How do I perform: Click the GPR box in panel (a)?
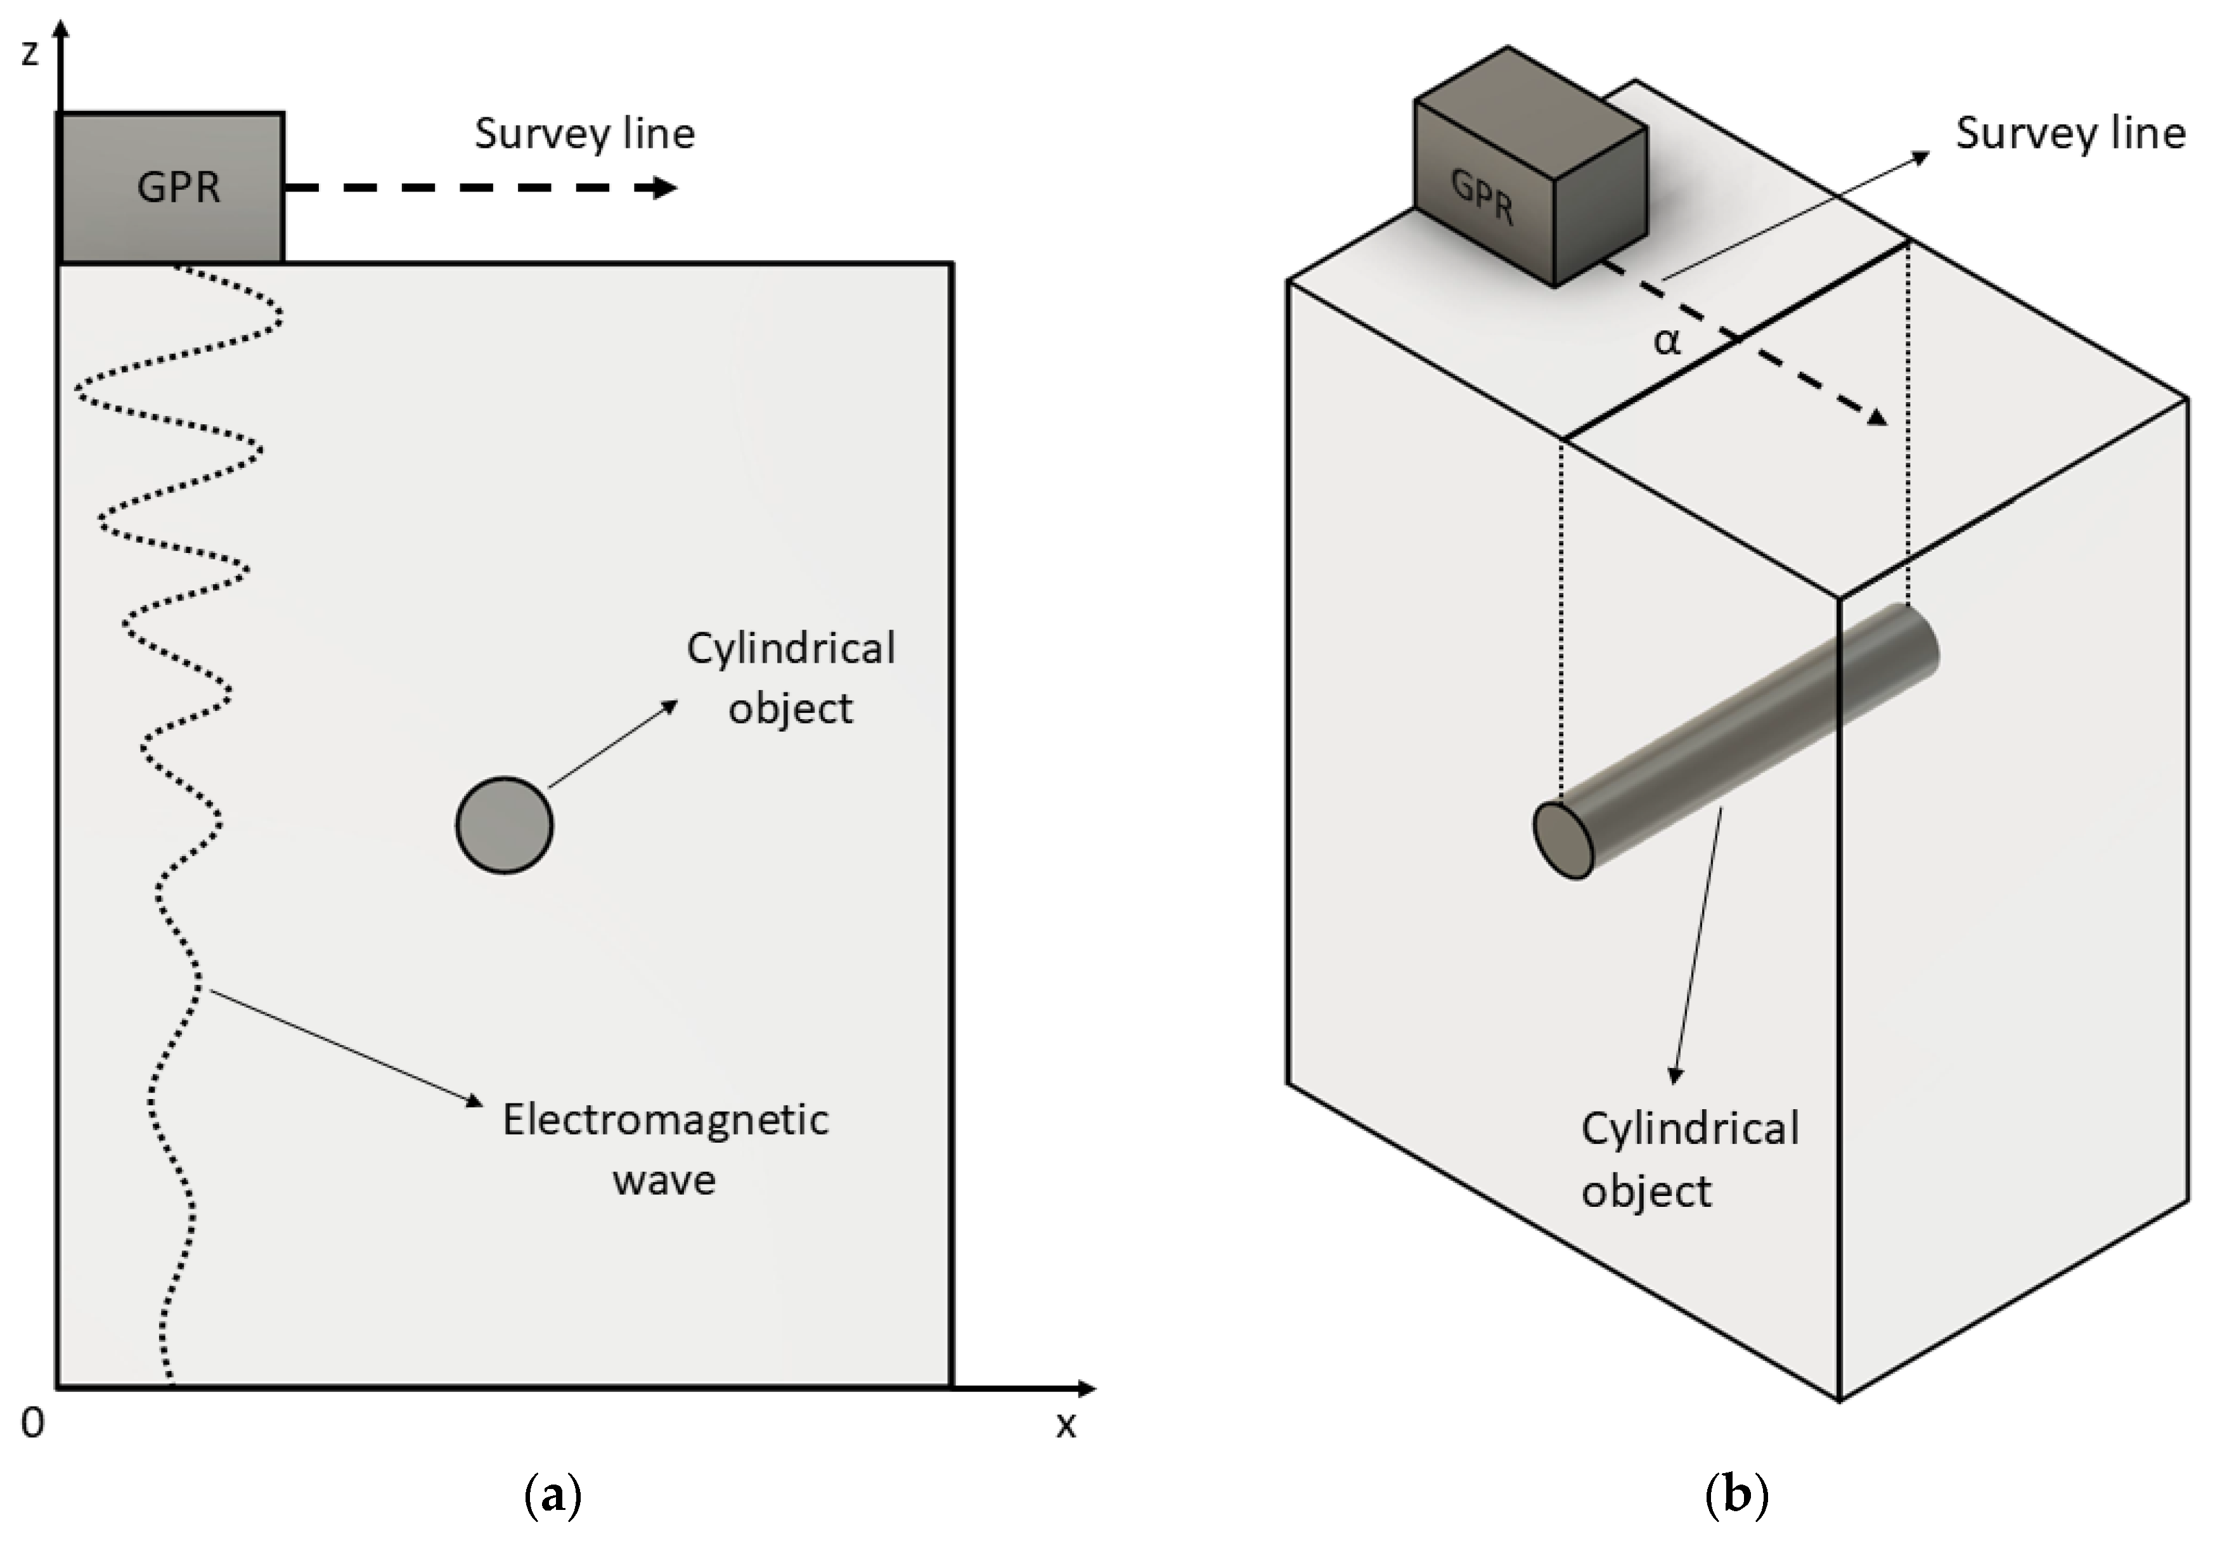[171, 187]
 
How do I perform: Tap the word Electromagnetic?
[665, 1119]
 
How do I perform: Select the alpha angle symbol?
[1666, 341]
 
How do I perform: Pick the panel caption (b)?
[1736, 1495]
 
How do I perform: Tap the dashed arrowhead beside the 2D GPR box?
[665, 187]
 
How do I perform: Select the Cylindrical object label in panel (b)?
[1688, 1159]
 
